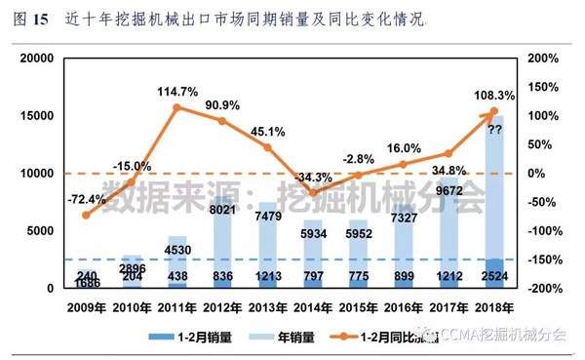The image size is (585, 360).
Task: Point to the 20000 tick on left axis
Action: pos(37,59)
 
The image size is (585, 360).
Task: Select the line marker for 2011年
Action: pos(177,107)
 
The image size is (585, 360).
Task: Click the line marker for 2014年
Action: pos(314,192)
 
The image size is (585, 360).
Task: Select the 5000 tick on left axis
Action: pos(41,231)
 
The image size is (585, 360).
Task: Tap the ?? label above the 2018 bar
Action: pos(494,130)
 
